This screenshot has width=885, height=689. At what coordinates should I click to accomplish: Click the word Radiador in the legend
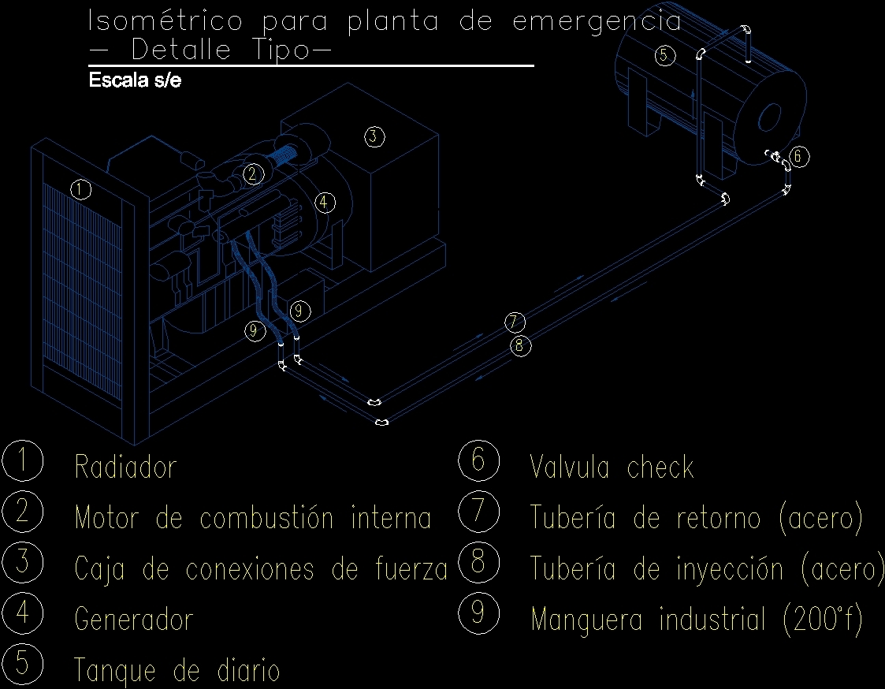pyautogui.click(x=125, y=467)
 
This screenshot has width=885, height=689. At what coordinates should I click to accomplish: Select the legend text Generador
pyautogui.click(x=133, y=620)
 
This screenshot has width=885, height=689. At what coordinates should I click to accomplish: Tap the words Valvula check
pyautogui.click(x=612, y=468)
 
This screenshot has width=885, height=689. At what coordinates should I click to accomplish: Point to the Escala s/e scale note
pyautogui.click(x=136, y=80)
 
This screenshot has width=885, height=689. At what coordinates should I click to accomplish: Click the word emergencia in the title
pyautogui.click(x=597, y=21)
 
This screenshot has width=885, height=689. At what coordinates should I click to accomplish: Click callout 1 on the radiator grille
pyautogui.click(x=80, y=189)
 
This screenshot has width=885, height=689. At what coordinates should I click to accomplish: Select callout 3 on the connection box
pyautogui.click(x=374, y=136)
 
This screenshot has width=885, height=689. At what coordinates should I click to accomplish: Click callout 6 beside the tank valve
pyautogui.click(x=798, y=157)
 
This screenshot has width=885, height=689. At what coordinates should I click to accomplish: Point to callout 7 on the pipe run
pyautogui.click(x=515, y=322)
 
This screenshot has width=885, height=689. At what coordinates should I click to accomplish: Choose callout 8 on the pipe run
pyautogui.click(x=519, y=345)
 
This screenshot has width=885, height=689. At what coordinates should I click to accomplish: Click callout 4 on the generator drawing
pyautogui.click(x=325, y=203)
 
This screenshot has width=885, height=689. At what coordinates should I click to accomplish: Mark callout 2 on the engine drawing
pyautogui.click(x=252, y=173)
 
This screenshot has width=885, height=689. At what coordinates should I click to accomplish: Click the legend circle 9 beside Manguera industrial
pyautogui.click(x=478, y=613)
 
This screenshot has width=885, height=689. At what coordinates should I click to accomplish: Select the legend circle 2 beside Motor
pyautogui.click(x=22, y=512)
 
